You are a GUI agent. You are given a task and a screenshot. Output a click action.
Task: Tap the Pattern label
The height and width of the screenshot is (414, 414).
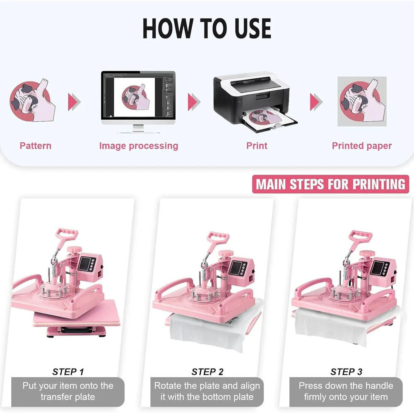click(36, 146)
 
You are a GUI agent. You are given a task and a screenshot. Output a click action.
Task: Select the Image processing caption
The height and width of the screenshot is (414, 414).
click(139, 146)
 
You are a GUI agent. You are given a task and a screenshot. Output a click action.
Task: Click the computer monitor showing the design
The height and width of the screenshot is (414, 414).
click(138, 98)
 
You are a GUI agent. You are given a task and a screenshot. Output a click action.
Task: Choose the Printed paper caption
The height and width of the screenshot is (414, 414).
click(361, 146)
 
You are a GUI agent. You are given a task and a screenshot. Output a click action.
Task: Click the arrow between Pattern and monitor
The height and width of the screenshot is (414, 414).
click(74, 101)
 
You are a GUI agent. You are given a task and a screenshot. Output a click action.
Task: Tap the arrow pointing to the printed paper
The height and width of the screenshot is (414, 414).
click(316, 101)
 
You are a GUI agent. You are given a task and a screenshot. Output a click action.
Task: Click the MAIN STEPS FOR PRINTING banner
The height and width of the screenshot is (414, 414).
click(330, 184)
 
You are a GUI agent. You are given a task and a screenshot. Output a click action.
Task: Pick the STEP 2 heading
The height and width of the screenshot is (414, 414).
click(207, 372)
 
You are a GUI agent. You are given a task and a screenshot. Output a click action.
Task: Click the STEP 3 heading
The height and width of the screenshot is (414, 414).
click(346, 372)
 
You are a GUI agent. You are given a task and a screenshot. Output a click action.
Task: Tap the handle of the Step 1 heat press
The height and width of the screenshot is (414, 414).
click(66, 236)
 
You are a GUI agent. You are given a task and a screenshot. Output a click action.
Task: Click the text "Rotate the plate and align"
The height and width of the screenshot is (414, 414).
click(207, 386)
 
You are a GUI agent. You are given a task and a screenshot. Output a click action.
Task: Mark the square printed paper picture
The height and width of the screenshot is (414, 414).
click(362, 101)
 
